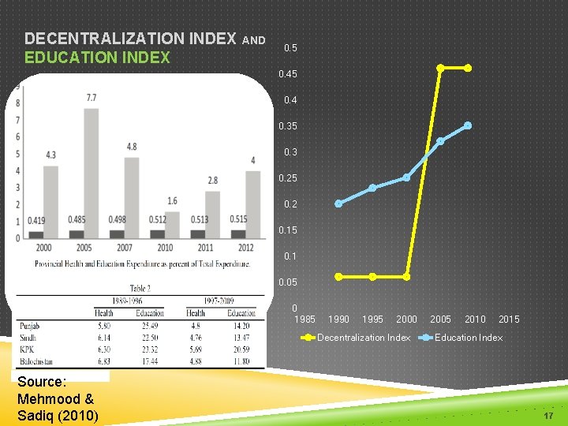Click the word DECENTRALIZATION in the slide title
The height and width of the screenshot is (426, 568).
tap(130, 38)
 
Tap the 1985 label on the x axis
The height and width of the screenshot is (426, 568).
tap(305, 319)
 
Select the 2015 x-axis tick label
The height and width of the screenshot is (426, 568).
tap(509, 319)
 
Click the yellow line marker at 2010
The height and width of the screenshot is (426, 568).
tap(468, 68)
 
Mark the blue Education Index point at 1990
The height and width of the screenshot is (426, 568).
tap(338, 204)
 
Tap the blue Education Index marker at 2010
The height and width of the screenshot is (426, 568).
tap(468, 125)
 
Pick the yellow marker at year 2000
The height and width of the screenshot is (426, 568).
tap(406, 276)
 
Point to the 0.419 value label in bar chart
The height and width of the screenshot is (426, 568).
tap(35, 219)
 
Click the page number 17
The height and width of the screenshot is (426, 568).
tap(549, 415)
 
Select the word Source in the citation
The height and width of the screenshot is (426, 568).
tap(42, 382)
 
